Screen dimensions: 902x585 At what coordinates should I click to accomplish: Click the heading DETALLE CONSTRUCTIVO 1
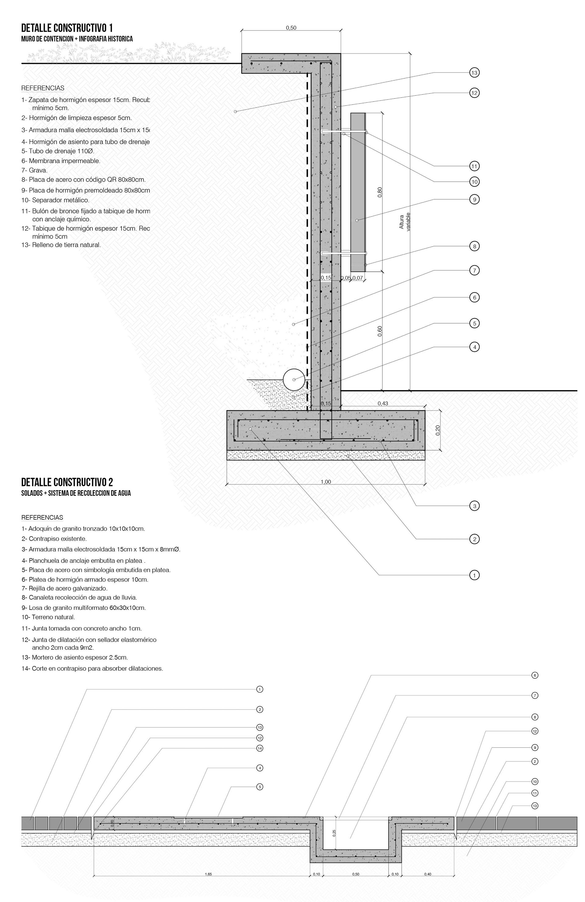pos(67,28)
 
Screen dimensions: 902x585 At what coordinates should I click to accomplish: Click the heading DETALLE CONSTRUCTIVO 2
pos(67,482)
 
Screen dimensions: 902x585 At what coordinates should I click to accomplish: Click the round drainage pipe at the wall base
pos(294,379)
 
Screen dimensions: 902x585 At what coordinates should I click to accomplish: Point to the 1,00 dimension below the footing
pos(326,482)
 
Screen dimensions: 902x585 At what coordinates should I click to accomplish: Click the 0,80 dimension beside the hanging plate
pos(380,192)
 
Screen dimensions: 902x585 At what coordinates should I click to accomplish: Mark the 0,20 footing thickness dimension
pos(438,430)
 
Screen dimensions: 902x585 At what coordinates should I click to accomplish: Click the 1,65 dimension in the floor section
pos(208,874)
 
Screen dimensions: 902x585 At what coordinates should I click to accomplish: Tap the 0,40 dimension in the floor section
pos(427,874)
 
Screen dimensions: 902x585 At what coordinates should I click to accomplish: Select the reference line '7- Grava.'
pos(34,170)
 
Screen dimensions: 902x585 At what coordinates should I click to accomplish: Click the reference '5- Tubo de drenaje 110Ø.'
pos(58,151)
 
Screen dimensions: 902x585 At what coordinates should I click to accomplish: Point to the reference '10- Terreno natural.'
pos(48,617)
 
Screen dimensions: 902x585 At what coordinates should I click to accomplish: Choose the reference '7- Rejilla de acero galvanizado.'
pos(64,589)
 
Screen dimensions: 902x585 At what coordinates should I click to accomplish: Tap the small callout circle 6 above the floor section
pos(535,675)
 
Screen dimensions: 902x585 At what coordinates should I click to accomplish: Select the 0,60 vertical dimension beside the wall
pos(380,331)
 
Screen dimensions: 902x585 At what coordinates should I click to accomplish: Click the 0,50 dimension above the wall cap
pos(291,28)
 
